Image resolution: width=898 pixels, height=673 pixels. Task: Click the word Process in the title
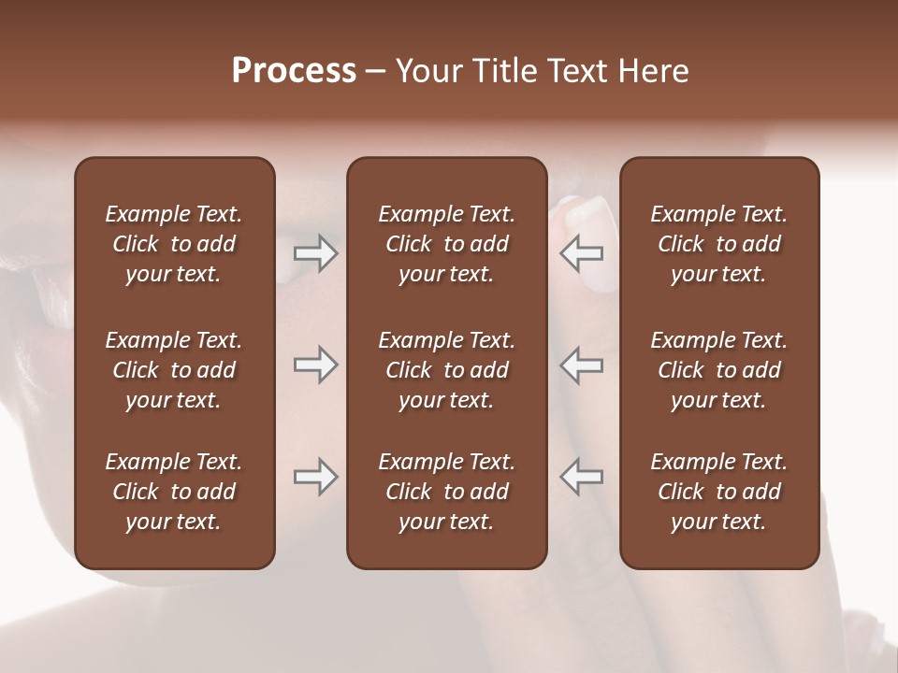[x=294, y=71]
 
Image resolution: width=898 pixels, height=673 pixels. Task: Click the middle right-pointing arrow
[x=316, y=365]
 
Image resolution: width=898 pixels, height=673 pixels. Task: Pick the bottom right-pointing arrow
[x=316, y=477]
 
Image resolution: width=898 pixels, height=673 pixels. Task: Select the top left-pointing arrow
[x=582, y=253]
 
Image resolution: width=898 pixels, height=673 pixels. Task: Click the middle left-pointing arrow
[x=582, y=365]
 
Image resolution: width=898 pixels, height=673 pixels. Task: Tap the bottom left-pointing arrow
[x=582, y=477]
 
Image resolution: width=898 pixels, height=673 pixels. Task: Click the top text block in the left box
[x=174, y=244]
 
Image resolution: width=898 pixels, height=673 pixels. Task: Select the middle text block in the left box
[x=174, y=370]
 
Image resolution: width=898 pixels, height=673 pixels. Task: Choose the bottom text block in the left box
[x=174, y=492]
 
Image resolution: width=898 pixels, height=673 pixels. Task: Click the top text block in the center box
[x=447, y=244]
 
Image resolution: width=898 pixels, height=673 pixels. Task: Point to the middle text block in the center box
[x=447, y=370]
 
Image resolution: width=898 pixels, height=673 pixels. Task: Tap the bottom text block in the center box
[x=447, y=492]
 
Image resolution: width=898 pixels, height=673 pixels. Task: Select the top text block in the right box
[x=719, y=244]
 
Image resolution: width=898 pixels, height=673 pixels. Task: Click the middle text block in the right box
[x=719, y=370]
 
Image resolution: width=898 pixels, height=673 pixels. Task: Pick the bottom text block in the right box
[x=719, y=492]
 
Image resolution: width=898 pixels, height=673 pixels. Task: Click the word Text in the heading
[x=580, y=71]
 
